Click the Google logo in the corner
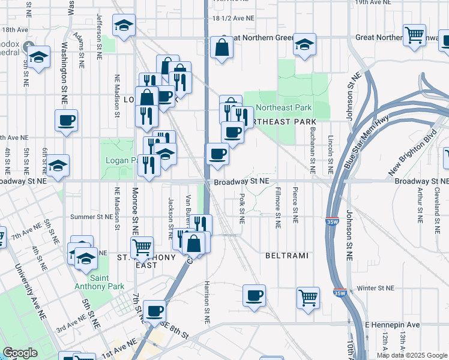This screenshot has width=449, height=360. pyautogui.click(x=20, y=353)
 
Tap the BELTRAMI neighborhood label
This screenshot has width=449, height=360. pyautogui.click(x=287, y=256)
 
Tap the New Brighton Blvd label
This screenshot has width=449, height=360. pyautogui.click(x=411, y=155)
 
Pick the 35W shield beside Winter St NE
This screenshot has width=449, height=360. pyautogui.click(x=339, y=293)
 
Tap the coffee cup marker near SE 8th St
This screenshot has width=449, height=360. pyautogui.click(x=155, y=310)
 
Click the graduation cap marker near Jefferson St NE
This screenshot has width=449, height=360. pyautogui.click(x=124, y=26)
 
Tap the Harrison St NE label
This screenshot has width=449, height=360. pyautogui.click(x=206, y=302)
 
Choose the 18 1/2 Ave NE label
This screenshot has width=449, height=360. pyautogui.click(x=234, y=18)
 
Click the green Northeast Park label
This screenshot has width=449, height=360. pyautogui.click(x=284, y=108)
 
